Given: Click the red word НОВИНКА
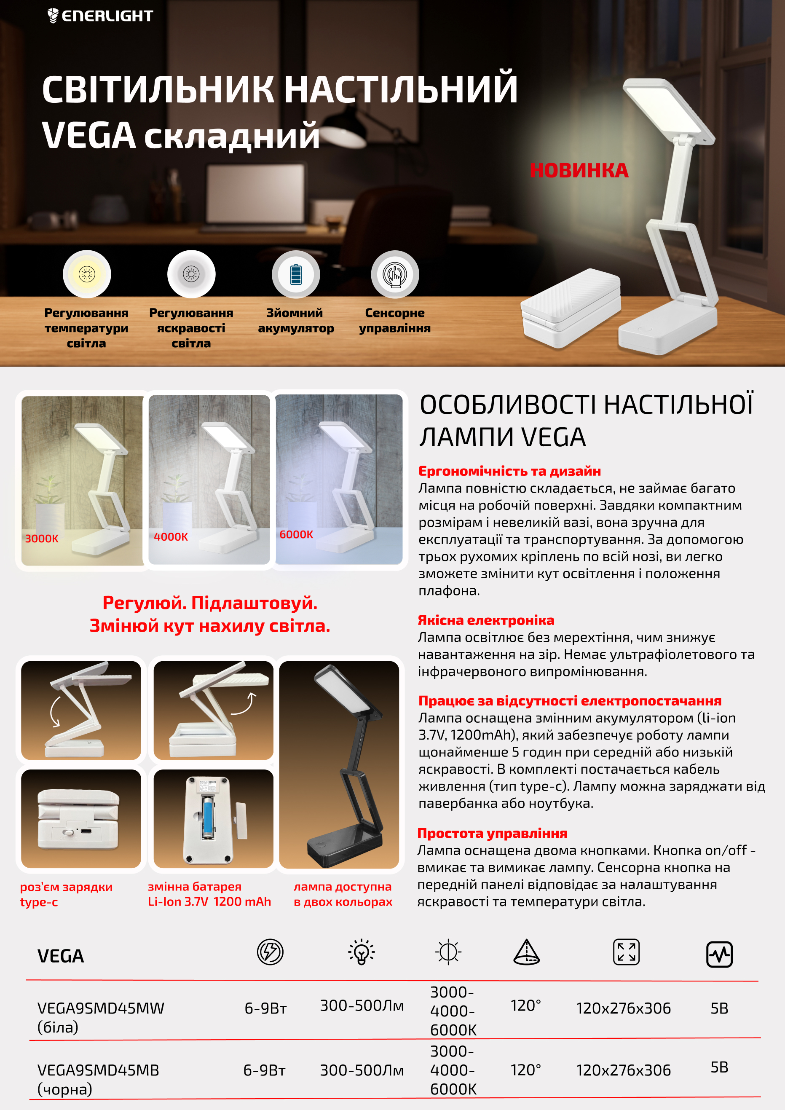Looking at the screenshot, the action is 579,171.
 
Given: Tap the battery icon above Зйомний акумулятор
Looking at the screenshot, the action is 296,274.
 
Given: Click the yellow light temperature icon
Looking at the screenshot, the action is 87,274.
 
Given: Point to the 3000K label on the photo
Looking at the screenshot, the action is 42,539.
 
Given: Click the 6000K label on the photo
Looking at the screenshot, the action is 296,534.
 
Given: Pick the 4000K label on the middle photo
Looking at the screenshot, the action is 171,536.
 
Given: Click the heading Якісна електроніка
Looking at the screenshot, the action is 486,620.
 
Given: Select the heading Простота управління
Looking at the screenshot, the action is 492,833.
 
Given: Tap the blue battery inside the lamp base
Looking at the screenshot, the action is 208,818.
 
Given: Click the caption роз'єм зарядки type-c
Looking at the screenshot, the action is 66,894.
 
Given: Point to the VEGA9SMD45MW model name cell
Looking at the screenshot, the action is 101,1017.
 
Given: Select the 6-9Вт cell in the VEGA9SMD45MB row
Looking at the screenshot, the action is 265,1070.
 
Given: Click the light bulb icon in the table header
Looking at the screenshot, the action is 362,952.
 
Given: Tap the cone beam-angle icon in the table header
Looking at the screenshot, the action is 526,952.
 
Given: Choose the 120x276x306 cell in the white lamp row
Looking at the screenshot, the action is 623,1008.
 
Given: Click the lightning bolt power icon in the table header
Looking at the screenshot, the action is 270,952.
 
